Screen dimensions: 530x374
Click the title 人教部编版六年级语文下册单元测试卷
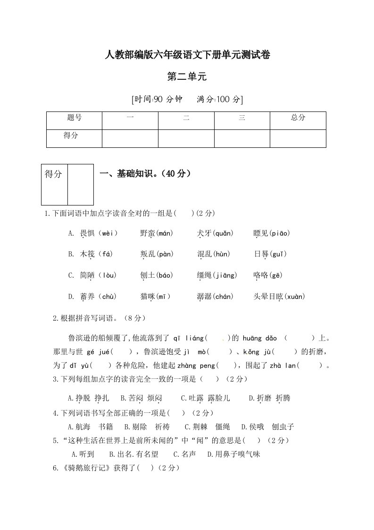point(187,55)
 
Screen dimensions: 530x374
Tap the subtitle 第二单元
point(187,77)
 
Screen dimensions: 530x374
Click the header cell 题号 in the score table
point(74,118)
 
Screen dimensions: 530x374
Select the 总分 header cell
point(298,118)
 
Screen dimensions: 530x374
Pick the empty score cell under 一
point(130,138)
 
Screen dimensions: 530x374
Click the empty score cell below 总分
point(298,138)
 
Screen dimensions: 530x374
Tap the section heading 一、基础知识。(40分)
point(146,174)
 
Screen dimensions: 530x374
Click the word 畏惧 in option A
point(88,233)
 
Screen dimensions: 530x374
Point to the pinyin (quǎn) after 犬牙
point(223,233)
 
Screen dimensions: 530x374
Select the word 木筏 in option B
point(88,255)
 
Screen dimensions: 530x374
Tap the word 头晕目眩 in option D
point(268,297)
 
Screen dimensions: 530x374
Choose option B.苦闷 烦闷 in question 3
point(141,399)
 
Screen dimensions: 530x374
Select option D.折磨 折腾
point(270,399)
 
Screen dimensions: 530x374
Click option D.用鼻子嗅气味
point(234,454)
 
